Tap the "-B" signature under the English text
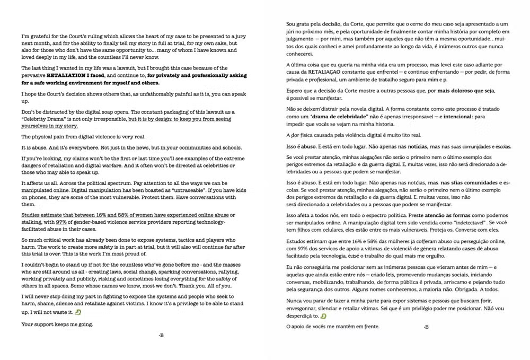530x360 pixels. click(161, 335)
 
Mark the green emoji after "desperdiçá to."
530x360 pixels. click(323, 317)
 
